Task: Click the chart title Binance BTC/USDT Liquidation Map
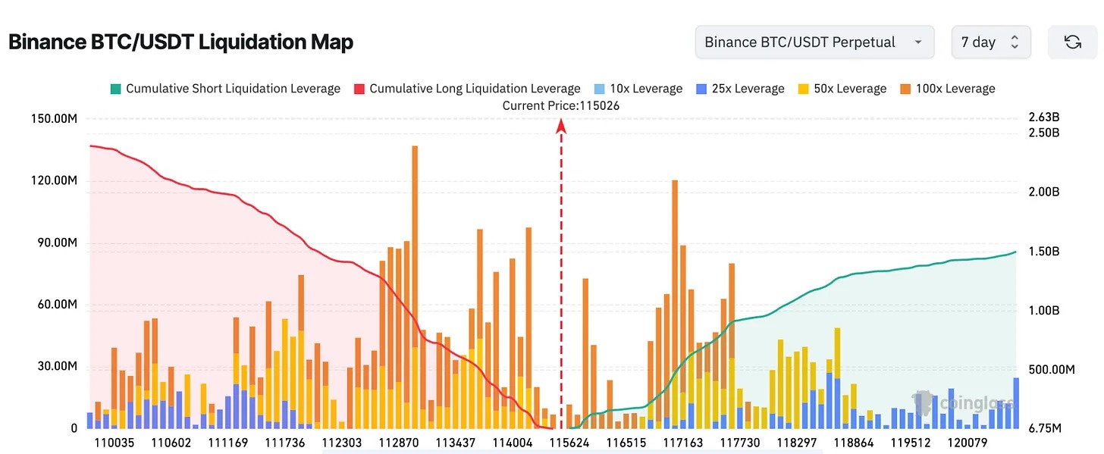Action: [x=180, y=42]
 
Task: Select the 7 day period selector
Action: [x=990, y=42]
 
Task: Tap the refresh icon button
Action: [x=1072, y=42]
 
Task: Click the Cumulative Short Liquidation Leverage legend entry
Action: [x=225, y=89]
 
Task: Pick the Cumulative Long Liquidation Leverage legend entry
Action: [x=467, y=89]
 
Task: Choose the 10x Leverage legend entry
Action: [x=638, y=89]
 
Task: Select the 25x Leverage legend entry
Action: [x=740, y=89]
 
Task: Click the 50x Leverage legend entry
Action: [x=842, y=89]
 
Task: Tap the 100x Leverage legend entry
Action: [x=948, y=89]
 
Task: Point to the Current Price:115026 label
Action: [x=560, y=105]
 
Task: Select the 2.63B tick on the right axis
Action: [x=1043, y=117]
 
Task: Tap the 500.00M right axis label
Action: [x=1051, y=369]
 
